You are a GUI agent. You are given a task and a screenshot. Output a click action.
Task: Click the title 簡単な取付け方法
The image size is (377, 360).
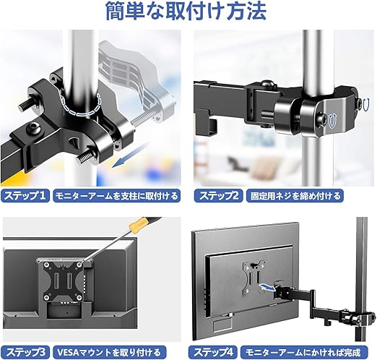pyautogui.click(x=186, y=11)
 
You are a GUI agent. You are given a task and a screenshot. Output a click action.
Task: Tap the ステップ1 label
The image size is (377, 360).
pyautogui.click(x=25, y=195)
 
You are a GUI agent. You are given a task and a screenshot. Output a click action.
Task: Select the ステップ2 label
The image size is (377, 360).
pyautogui.click(x=219, y=195)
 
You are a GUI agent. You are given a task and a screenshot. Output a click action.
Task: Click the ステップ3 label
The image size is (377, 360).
pyautogui.click(x=25, y=352)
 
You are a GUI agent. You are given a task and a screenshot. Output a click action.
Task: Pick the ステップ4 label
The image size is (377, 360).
pyautogui.click(x=213, y=352)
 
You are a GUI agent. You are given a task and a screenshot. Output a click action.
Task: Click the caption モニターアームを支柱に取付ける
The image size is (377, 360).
pyautogui.click(x=117, y=195)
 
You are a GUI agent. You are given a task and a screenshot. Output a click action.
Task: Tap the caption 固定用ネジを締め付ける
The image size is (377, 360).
pyautogui.click(x=295, y=195)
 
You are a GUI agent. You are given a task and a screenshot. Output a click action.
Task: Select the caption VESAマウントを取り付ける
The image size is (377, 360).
pyautogui.click(x=109, y=352)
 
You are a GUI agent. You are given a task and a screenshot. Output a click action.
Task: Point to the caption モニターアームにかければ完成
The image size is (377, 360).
pyautogui.click(x=304, y=352)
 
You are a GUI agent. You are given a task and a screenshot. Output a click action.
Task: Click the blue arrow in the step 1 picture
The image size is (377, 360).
pyautogui.click(x=130, y=155)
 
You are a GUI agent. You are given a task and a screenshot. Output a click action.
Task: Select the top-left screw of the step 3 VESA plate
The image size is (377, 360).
pyautogui.click(x=45, y=265)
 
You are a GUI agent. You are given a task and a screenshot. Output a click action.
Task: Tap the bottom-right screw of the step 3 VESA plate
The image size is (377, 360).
pyautogui.click(x=79, y=296)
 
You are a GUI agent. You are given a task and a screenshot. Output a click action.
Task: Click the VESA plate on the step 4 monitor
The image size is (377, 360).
pyautogui.click(x=253, y=279)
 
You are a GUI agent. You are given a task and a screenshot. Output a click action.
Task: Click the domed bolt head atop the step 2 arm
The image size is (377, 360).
pyautogui.click(x=267, y=84)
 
